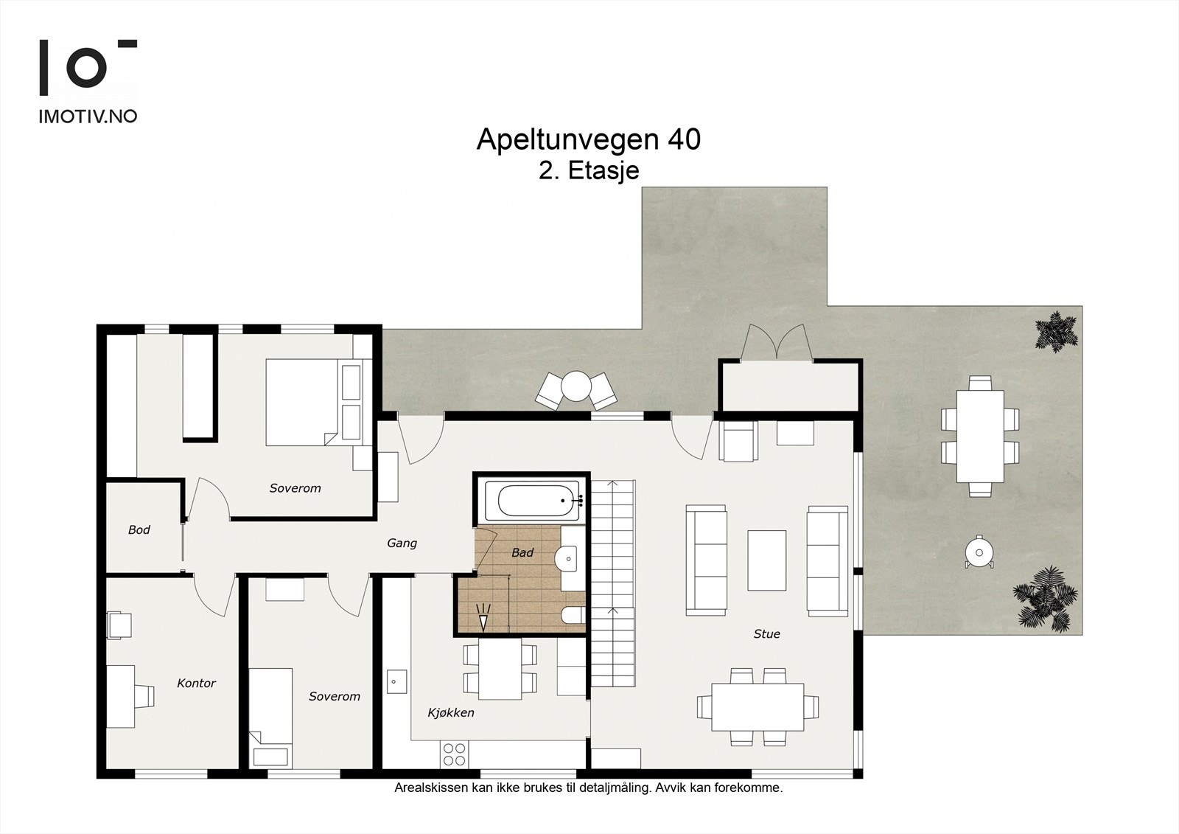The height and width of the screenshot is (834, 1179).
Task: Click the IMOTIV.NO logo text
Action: point(88,117)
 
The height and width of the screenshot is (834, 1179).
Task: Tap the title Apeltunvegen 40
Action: point(589,139)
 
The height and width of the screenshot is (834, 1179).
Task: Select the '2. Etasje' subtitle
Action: point(589,170)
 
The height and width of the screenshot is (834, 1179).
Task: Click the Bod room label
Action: point(139,529)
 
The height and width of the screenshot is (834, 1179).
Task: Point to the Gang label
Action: point(402,543)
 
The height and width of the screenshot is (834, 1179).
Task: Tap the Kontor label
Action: point(196,684)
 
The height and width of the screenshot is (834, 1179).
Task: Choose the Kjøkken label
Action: point(450,713)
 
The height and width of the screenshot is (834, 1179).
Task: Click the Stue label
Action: point(766,634)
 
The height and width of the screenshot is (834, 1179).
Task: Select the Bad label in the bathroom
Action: point(522,552)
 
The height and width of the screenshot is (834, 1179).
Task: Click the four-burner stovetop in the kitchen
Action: point(454,754)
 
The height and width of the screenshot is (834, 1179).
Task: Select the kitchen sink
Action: point(397,681)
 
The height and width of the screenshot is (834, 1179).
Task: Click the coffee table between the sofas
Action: point(767,560)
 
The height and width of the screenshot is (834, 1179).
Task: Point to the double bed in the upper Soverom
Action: point(314,402)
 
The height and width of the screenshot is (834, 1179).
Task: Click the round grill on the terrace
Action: point(979,552)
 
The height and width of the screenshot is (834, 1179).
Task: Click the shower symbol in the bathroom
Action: point(483,617)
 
